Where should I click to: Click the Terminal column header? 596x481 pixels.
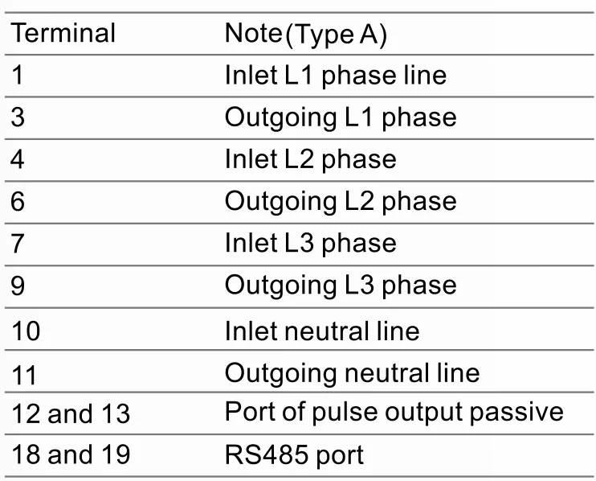(x=63, y=33)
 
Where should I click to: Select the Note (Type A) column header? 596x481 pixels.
(x=306, y=34)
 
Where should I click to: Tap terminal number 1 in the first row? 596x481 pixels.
(x=18, y=75)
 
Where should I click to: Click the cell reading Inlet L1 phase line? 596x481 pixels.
(x=335, y=75)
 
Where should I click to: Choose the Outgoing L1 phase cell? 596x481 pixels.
(x=341, y=117)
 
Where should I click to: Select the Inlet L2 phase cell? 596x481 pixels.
(x=310, y=158)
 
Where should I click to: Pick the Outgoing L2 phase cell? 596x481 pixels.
(x=341, y=201)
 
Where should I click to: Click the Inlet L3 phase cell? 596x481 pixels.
(x=310, y=243)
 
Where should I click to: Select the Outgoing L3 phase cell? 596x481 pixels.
(x=341, y=286)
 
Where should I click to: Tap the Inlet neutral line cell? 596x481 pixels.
(x=322, y=330)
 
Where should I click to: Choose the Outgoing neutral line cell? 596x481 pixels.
(x=352, y=372)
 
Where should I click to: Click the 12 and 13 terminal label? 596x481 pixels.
(x=71, y=413)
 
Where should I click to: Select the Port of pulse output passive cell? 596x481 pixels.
(x=394, y=412)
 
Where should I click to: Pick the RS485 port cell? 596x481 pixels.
(x=294, y=455)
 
